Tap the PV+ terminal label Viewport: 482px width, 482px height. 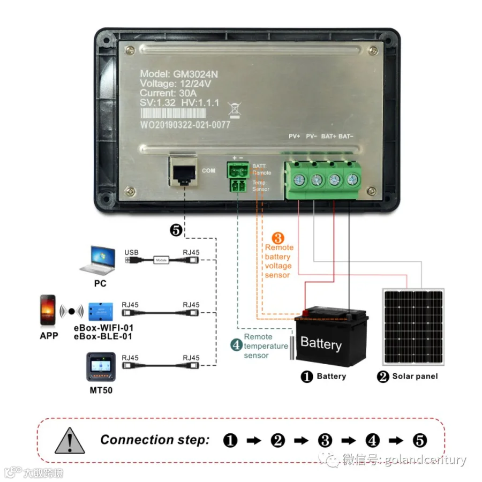pyautogui.click(x=295, y=136)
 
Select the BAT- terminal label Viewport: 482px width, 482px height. pyautogui.click(x=346, y=136)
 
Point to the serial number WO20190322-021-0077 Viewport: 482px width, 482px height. pyautogui.click(x=185, y=125)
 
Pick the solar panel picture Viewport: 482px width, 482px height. pyautogui.click(x=413, y=326)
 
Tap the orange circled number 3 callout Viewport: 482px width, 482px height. pyautogui.click(x=278, y=238)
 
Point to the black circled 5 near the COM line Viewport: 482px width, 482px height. pyautogui.click(x=176, y=231)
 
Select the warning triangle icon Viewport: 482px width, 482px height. pyautogui.click(x=69, y=441)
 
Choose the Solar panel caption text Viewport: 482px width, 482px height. pyautogui.click(x=415, y=376)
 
